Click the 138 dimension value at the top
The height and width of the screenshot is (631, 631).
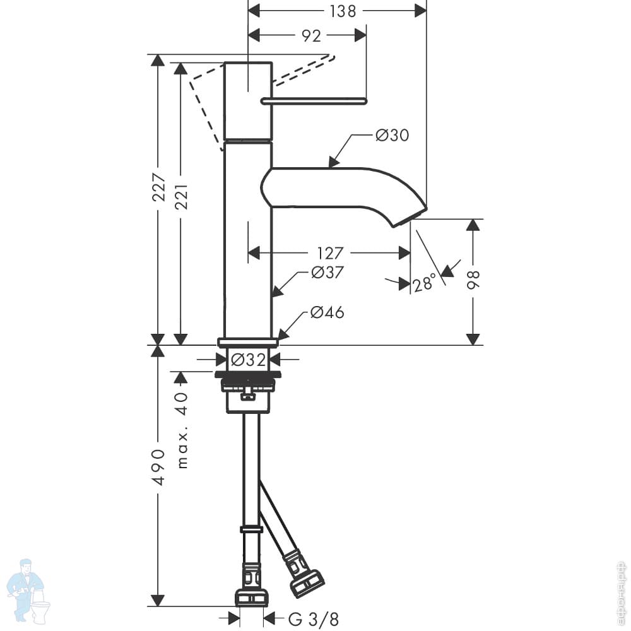[343, 11]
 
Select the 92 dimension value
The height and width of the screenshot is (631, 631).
[312, 36]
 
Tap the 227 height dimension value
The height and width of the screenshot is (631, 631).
[158, 187]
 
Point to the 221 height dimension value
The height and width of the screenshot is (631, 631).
[181, 197]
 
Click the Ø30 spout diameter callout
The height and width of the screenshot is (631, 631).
[392, 135]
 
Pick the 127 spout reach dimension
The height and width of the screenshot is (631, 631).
[330, 253]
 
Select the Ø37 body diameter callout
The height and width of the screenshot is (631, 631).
[327, 273]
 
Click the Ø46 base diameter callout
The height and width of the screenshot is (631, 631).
[327, 312]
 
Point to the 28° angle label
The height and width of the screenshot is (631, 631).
[425, 283]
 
